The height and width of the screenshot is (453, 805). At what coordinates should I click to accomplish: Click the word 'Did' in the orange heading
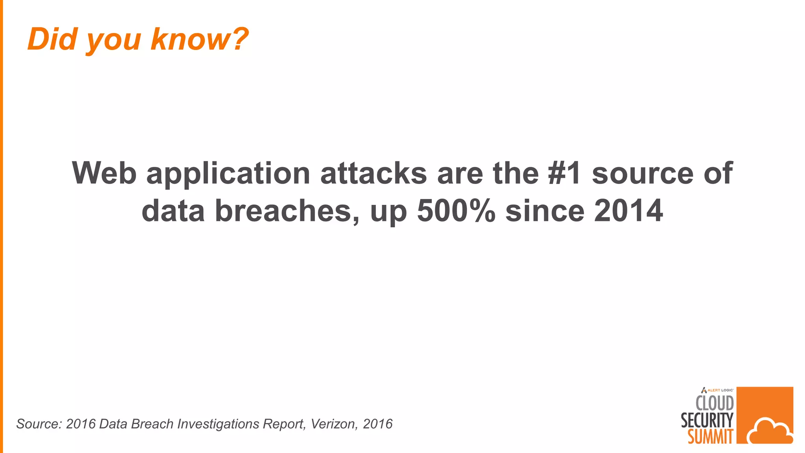tap(52, 39)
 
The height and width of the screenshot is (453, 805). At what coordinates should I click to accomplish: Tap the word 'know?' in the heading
tap(200, 39)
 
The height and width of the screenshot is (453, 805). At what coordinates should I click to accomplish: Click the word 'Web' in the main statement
tap(104, 173)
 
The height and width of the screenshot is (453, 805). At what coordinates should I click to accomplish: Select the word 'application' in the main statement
tap(228, 174)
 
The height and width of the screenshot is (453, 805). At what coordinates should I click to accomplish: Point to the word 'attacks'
tap(373, 173)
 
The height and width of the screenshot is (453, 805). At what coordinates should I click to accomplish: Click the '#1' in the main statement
tap(564, 173)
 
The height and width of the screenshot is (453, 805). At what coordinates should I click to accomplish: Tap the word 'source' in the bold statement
tap(643, 173)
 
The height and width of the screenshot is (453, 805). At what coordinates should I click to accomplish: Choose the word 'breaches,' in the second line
tap(287, 211)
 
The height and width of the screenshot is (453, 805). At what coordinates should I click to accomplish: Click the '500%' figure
tap(456, 210)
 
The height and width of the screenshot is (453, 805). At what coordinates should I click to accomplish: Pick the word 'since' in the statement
tap(545, 210)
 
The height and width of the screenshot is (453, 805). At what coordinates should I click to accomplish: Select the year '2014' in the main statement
tap(629, 210)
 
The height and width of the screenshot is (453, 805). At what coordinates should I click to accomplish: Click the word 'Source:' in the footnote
tap(39, 424)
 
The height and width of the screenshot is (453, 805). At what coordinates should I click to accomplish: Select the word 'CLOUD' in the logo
tap(715, 403)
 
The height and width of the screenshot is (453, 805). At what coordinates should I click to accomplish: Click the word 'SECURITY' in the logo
tap(707, 420)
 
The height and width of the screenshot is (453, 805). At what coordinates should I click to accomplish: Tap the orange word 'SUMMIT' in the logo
tap(710, 436)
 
